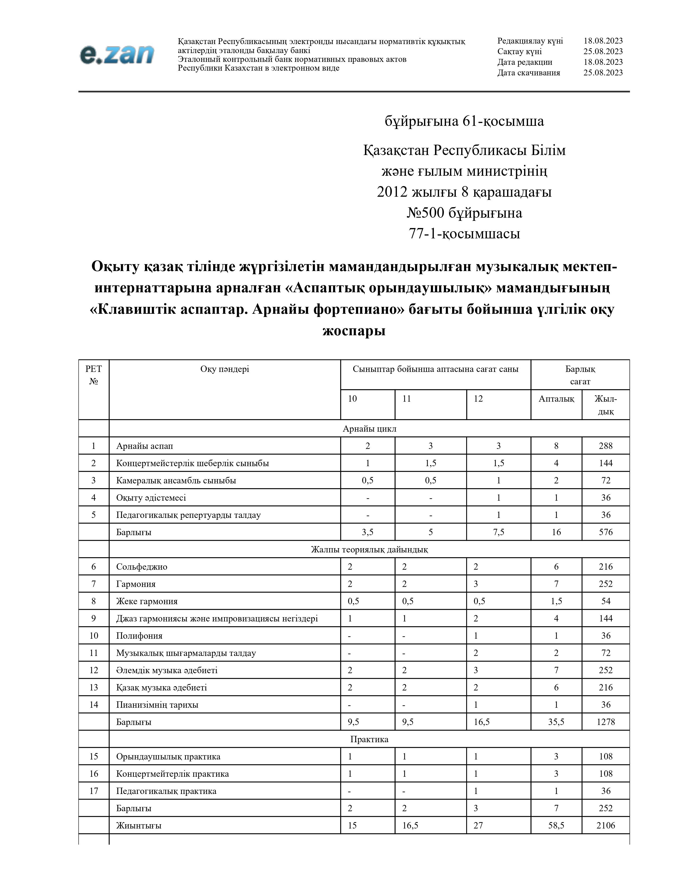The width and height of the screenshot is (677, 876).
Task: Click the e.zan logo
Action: pyautogui.click(x=117, y=54)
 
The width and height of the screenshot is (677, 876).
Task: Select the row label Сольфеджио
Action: pyautogui.click(x=142, y=566)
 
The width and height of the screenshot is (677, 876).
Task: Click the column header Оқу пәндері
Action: pyautogui.click(x=225, y=369)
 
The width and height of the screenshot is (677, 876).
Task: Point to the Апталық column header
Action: pyautogui.click(x=556, y=399)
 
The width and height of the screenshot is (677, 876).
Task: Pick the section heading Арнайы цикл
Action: pyautogui.click(x=369, y=428)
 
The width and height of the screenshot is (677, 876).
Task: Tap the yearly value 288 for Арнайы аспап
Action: pyautogui.click(x=605, y=446)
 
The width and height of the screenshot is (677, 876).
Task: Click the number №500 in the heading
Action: pyautogui.click(x=425, y=213)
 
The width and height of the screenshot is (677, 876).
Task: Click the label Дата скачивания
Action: pyautogui.click(x=529, y=72)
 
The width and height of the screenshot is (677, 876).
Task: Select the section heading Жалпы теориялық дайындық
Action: pyautogui.click(x=369, y=549)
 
